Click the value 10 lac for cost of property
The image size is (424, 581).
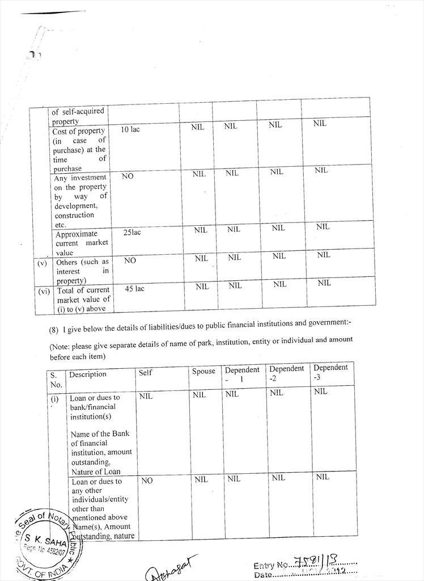click(130, 130)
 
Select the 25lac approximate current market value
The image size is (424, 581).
click(132, 233)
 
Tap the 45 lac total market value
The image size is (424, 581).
click(134, 289)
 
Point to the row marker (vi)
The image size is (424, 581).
click(44, 291)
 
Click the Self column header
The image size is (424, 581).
click(145, 373)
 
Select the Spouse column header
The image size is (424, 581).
click(203, 372)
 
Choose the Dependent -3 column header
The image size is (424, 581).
click(330, 372)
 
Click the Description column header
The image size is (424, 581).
click(88, 374)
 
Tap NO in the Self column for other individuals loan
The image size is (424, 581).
click(147, 481)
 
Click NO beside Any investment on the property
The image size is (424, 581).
click(128, 176)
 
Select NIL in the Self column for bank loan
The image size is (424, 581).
click(146, 396)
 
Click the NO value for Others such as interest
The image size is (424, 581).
click(130, 260)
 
